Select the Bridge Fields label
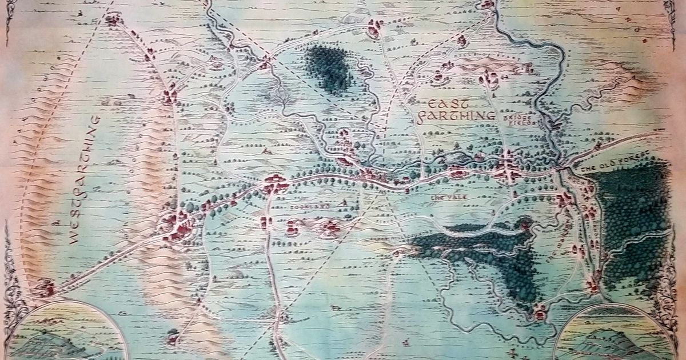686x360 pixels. [x=520, y=118]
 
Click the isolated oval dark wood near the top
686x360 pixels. [x=328, y=67]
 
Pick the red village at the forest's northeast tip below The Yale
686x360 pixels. [x=524, y=225]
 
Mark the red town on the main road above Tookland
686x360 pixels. [x=276, y=184]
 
